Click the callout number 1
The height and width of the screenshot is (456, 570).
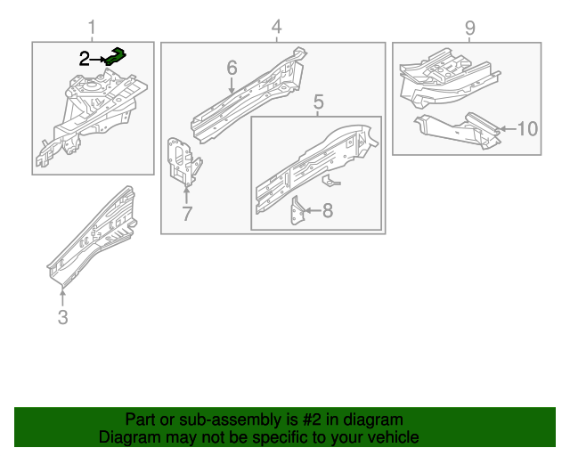(94, 27)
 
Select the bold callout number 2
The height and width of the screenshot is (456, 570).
(84, 60)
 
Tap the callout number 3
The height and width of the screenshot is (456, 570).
(62, 317)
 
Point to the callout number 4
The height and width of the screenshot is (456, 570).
(277, 27)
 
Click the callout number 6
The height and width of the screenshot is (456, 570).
(232, 68)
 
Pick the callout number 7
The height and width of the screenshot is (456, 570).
(186, 214)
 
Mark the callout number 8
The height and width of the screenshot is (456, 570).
(327, 211)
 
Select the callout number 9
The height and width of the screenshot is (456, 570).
(470, 28)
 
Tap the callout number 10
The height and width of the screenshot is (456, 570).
(527, 129)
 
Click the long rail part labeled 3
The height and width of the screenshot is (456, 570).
(94, 233)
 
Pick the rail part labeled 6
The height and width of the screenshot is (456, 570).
(249, 98)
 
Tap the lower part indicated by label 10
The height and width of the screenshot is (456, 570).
(459, 128)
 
